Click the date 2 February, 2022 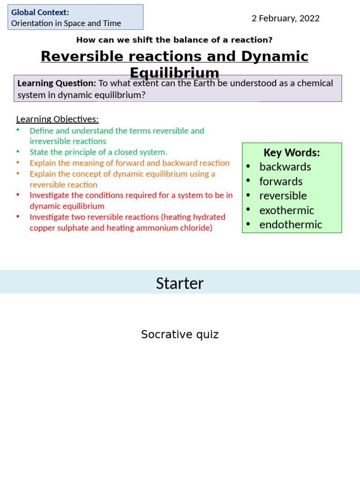285,18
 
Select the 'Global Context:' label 40,12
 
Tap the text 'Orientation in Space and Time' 66,23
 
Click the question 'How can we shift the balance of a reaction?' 174,40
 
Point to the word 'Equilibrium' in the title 174,73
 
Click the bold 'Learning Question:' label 57,83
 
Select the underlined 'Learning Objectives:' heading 57,119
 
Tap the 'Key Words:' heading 292,152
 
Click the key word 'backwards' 285,167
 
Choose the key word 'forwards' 281,181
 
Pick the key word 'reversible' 283,195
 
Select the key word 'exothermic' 286,210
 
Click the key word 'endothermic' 291,225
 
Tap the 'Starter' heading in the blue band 180,283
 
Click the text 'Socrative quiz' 180,334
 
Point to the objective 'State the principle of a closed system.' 98,152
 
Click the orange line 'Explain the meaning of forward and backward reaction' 129,163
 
